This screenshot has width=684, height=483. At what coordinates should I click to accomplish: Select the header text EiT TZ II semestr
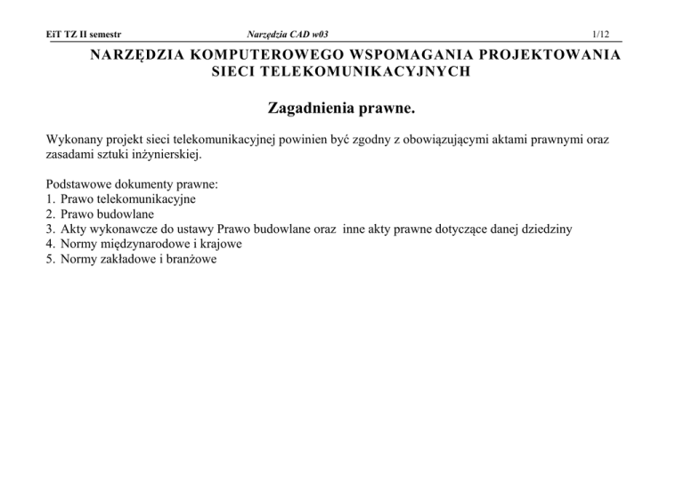(x=82, y=34)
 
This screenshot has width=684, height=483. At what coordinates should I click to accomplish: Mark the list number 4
(x=48, y=243)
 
